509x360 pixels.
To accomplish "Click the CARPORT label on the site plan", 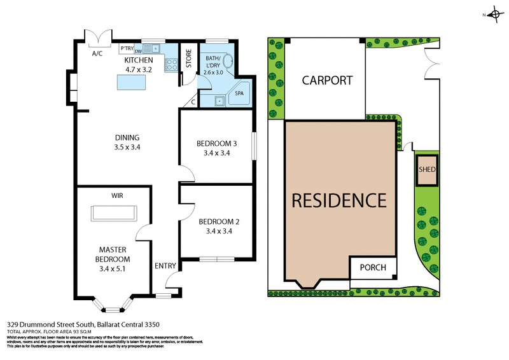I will point(327,81).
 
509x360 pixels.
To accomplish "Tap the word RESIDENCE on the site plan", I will point(338,200).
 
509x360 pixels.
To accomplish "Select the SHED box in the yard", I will point(426,170).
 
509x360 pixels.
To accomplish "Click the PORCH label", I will point(373,267).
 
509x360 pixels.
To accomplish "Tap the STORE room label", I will point(188,59).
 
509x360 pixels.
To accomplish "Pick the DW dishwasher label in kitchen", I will point(137,52).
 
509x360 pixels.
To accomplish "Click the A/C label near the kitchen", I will point(97,53).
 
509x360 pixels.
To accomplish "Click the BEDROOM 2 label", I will point(219,222).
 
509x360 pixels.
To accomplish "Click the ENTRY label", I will point(165,267).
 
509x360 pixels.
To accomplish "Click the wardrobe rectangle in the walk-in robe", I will point(115,212).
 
